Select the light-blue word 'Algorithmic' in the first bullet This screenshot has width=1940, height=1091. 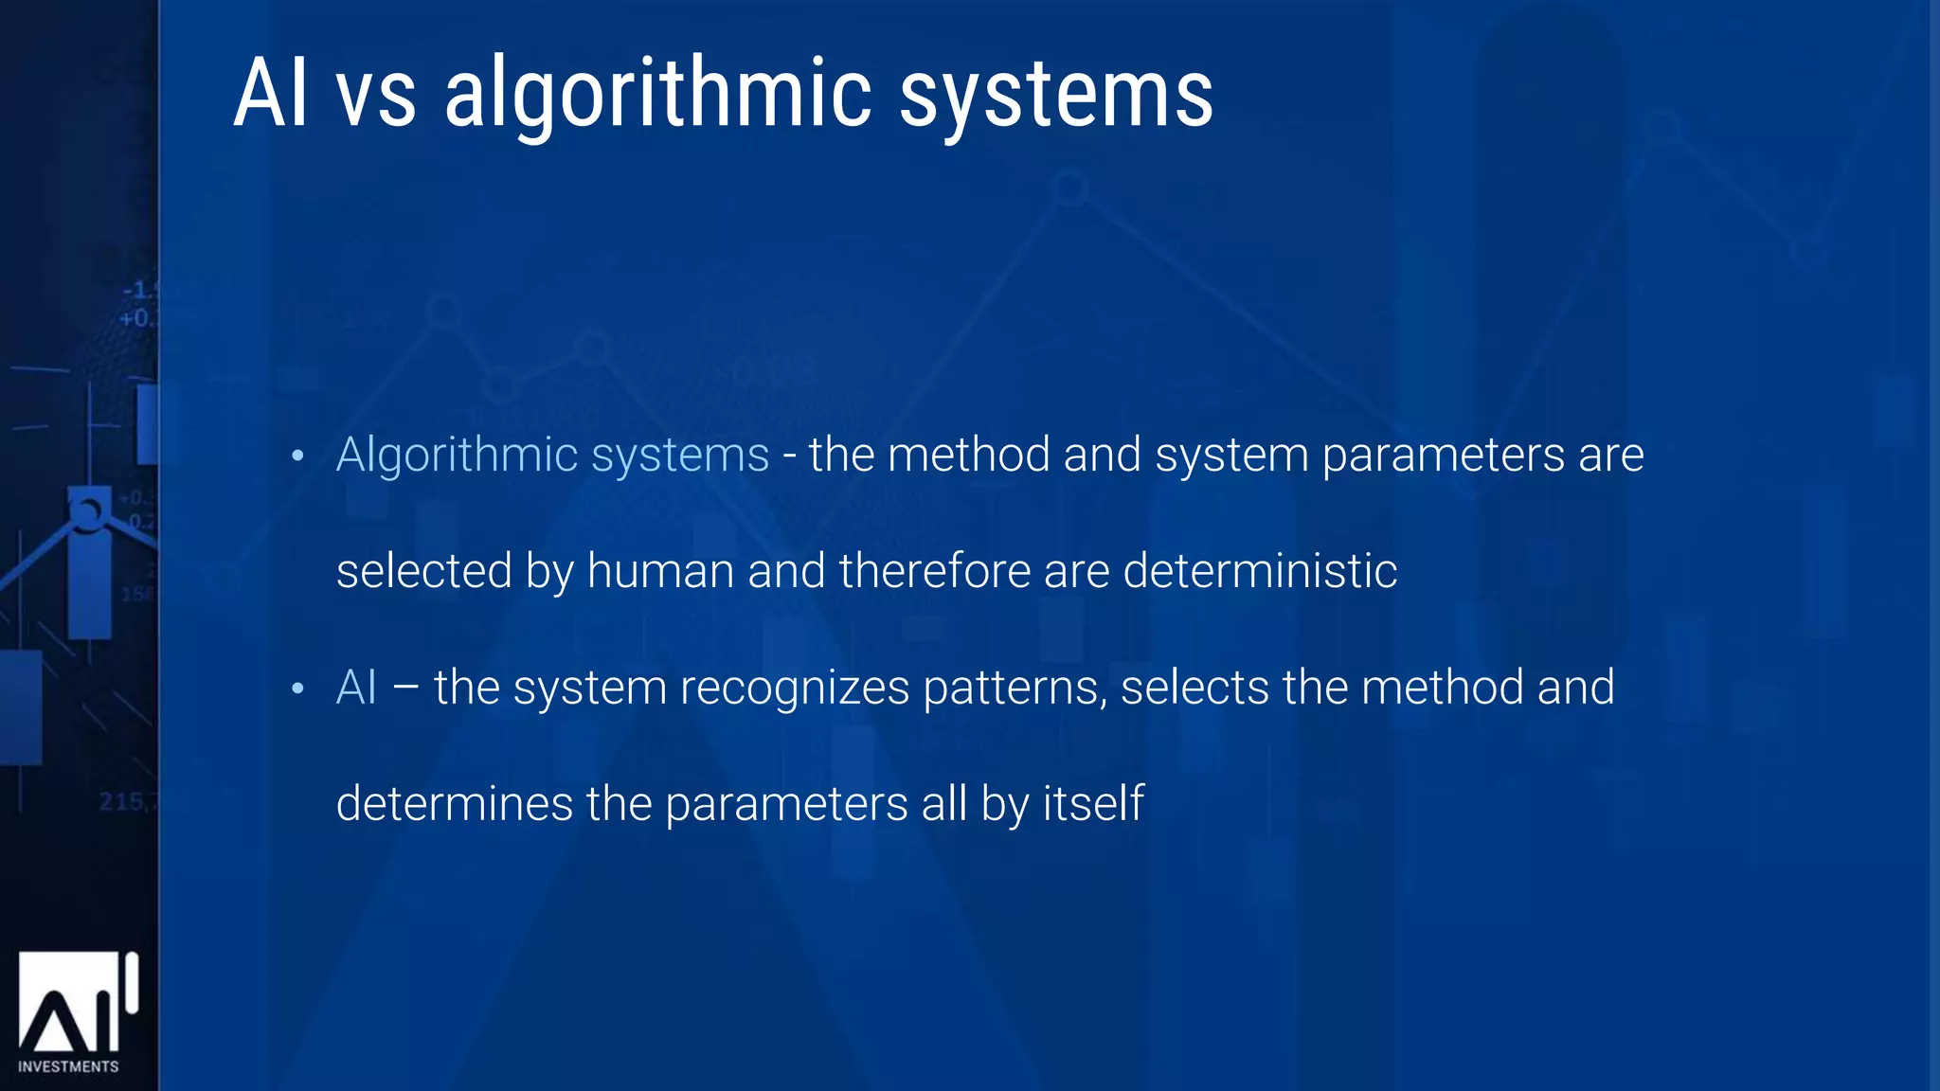click(457, 455)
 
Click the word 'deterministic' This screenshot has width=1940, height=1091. click(1260, 571)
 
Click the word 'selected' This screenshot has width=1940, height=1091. click(424, 571)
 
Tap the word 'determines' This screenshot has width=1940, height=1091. click(455, 804)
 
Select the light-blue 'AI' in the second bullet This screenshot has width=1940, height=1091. click(356, 688)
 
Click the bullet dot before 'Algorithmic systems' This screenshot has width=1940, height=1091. click(297, 457)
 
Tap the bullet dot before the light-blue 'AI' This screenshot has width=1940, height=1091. click(297, 689)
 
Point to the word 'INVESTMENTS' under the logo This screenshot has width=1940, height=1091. click(68, 1066)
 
